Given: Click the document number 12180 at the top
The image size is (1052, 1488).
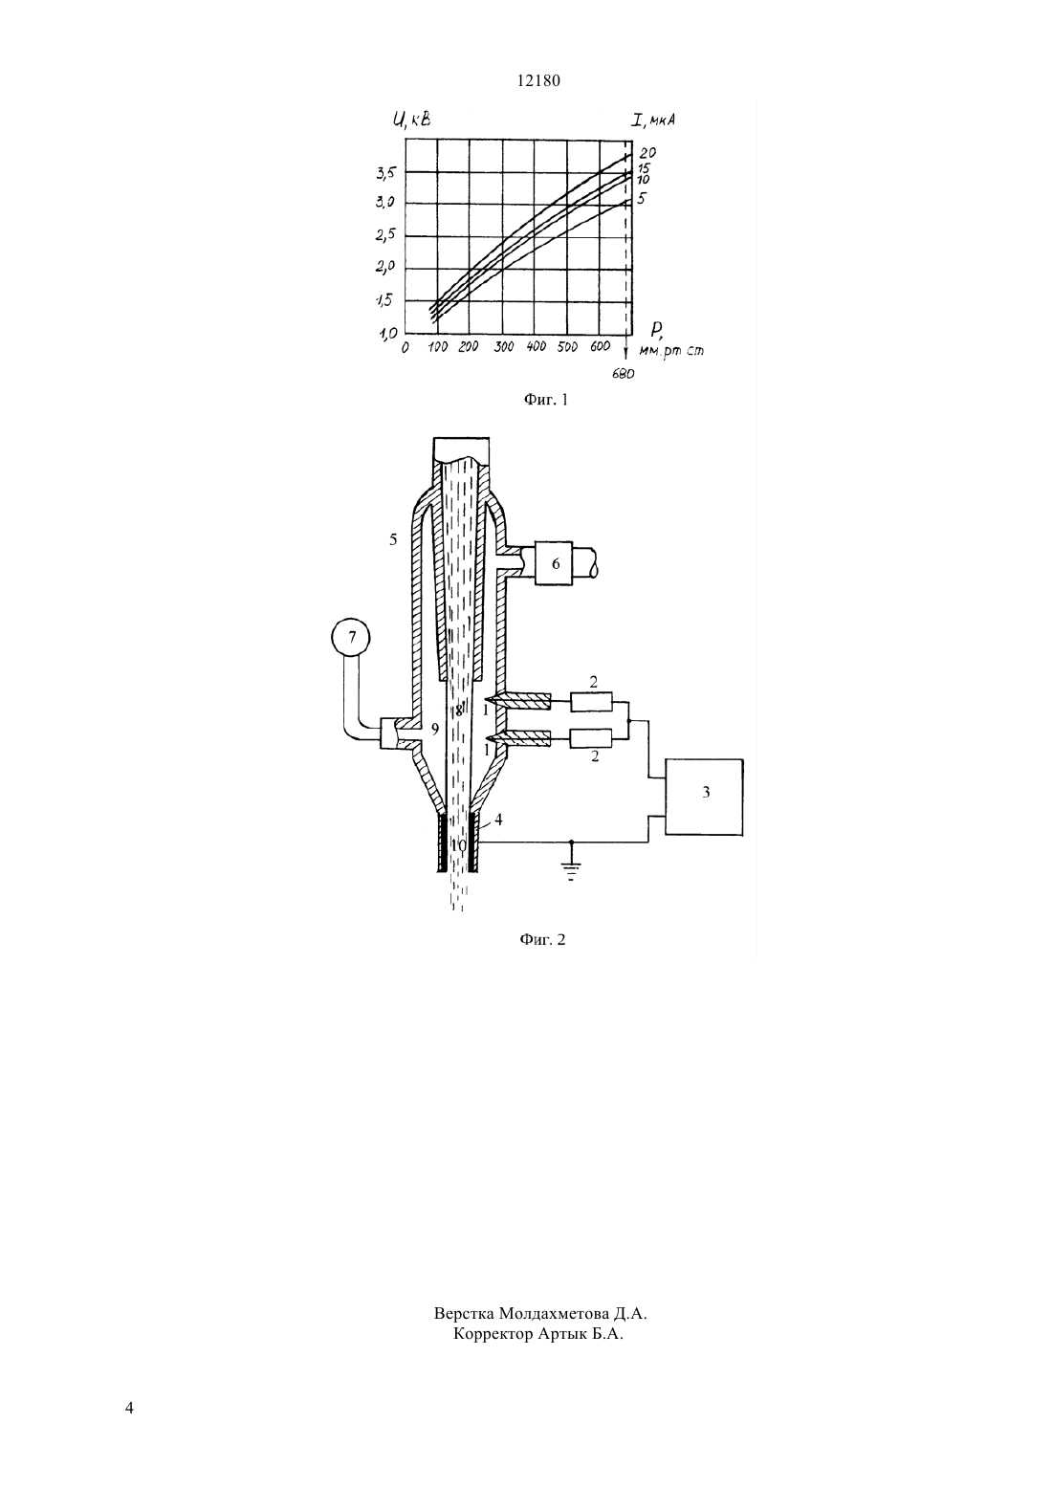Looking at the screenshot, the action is coord(538,81).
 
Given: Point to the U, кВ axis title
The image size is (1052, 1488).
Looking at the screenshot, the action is coord(412,120).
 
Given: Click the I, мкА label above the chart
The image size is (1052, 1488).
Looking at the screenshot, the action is coord(654,120).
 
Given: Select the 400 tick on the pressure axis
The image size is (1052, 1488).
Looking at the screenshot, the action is coord(536,347).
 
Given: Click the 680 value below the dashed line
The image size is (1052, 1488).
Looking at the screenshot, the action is coord(623,374).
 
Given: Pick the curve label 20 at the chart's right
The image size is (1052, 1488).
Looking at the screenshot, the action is coord(647,153).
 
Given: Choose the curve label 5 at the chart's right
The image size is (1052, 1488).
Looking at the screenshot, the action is coord(643,198).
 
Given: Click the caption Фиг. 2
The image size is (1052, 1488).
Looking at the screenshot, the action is coord(542,939).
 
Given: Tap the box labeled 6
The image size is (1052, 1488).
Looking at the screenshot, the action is coord(554,563).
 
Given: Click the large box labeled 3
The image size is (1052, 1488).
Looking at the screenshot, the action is coord(704,797).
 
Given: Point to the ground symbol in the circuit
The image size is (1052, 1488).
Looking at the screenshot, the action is coord(571,867).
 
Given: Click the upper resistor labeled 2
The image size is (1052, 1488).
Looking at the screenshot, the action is coord(591,702).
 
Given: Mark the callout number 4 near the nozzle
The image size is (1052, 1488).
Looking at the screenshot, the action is coord(498,820).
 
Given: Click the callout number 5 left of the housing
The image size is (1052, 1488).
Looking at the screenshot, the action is coord(393,540).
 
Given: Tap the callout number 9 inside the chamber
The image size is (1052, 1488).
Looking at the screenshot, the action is coord(435,730).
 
